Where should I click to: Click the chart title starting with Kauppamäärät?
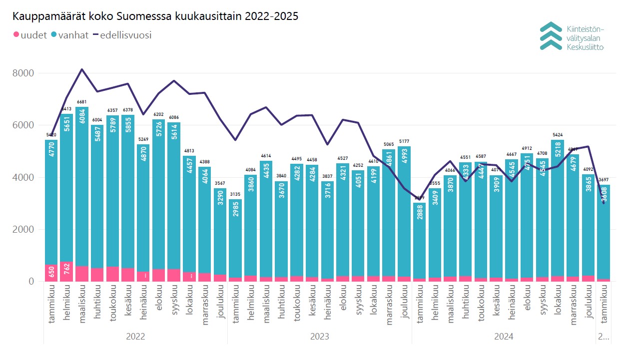155,16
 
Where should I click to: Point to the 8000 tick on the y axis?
23,73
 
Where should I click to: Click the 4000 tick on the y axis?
23,178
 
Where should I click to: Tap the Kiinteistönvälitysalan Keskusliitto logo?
572,36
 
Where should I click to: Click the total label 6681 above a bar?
82,102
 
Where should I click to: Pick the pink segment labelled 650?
51,273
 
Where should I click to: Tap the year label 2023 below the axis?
320,337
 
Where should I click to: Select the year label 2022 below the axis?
135,337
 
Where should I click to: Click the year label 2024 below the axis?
504,337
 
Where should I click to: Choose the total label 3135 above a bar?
235,195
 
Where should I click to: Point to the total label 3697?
604,180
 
